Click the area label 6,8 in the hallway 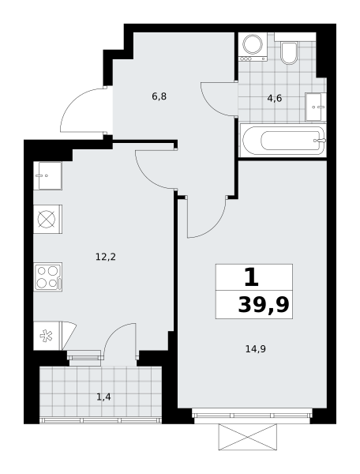coord(159,96)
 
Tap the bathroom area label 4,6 coord(275,98)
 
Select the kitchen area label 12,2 coord(106,257)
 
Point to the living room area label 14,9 coord(256,349)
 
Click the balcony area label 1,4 coord(103,397)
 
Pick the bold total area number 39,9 coord(264,305)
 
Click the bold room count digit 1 coord(251,277)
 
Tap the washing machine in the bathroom coord(253,47)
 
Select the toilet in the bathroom coord(289,53)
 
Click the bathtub coord(283,141)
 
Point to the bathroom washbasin coord(316,107)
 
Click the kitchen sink coord(47,175)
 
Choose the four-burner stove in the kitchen coord(47,277)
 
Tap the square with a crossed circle coord(47,219)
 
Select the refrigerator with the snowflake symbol coord(47,336)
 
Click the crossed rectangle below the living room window coord(248,437)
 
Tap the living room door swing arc coord(216,228)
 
